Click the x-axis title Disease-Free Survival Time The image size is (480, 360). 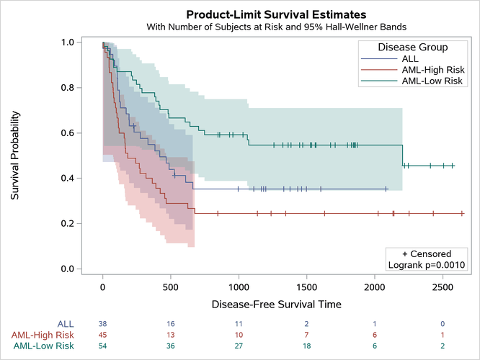(276, 305)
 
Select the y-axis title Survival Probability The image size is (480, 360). (15, 156)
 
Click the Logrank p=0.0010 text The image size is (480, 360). (427, 265)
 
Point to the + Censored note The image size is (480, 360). (427, 253)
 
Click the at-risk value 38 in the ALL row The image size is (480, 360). (103, 324)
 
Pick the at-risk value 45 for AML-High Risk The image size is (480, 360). (103, 335)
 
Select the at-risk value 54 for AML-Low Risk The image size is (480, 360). (103, 346)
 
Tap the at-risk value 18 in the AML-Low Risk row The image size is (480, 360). (306, 346)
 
